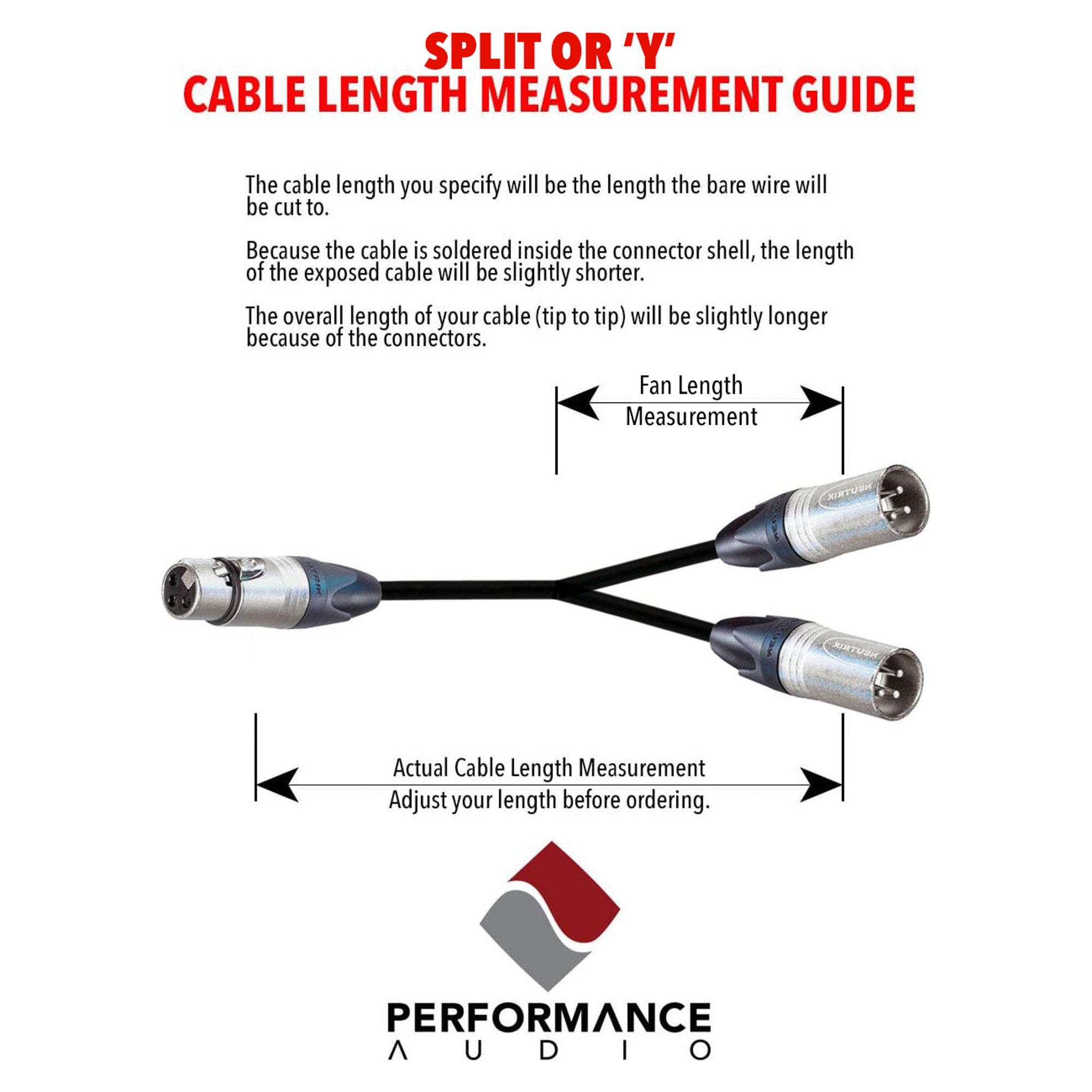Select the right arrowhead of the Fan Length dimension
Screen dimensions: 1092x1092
[821, 403]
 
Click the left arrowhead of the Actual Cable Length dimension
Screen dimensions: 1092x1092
[277, 785]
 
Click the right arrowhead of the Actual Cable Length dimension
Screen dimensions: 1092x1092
[821, 785]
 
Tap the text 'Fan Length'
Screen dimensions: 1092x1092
[690, 386]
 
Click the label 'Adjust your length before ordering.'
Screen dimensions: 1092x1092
[549, 800]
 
